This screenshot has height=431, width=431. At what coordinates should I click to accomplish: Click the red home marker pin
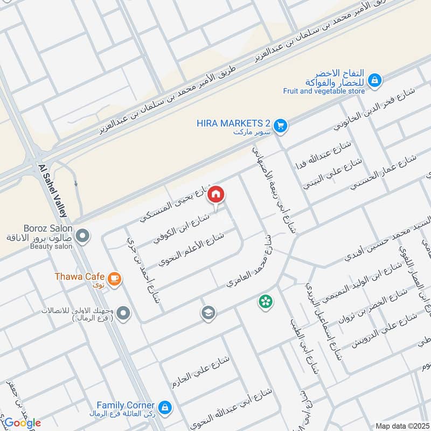pyautogui.click(x=215, y=194)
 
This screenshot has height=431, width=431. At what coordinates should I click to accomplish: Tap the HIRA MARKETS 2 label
pyautogui.click(x=233, y=123)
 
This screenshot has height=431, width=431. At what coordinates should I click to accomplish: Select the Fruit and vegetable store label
pyautogui.click(x=324, y=91)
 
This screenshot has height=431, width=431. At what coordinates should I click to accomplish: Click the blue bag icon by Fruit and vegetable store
pyautogui.click(x=376, y=81)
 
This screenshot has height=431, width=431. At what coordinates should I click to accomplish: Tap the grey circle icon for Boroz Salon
pyautogui.click(x=82, y=235)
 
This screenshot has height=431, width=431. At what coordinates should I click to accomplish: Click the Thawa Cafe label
pyautogui.click(x=80, y=276)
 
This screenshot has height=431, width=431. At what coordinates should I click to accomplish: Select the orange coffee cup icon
pyautogui.click(x=114, y=278)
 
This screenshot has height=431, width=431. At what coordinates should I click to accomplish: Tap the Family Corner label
pyautogui.click(x=126, y=405)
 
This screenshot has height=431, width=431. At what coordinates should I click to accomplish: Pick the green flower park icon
pyautogui.click(x=265, y=302)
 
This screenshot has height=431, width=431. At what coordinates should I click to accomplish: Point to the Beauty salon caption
pyautogui.click(x=51, y=246)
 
